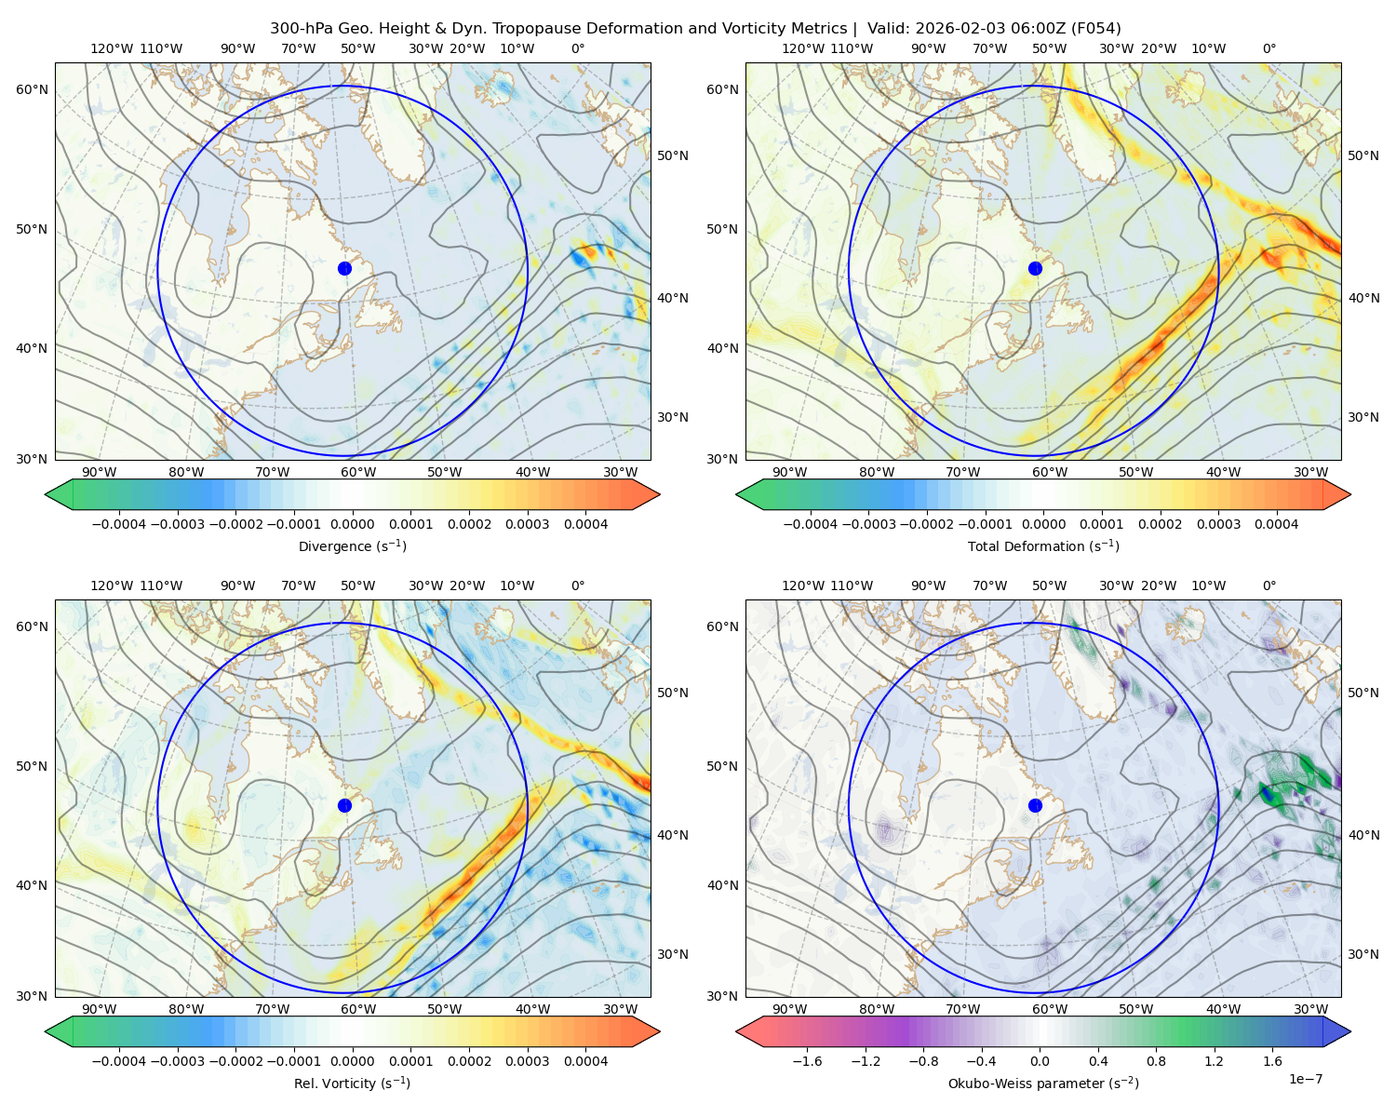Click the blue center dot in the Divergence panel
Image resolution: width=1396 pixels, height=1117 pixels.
pyautogui.click(x=344, y=268)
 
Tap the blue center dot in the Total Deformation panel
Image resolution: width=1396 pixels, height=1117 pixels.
pyautogui.click(x=1035, y=268)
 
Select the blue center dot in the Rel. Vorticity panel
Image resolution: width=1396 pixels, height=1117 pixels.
pyautogui.click(x=344, y=805)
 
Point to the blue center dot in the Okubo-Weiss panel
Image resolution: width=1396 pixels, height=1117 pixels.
pyautogui.click(x=1035, y=805)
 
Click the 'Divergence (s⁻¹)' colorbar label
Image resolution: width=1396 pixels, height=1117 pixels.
pyautogui.click(x=352, y=546)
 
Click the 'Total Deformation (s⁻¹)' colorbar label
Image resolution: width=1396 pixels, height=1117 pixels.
pyautogui.click(x=1043, y=546)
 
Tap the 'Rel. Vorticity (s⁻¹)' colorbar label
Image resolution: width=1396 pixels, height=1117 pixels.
pyautogui.click(x=352, y=1083)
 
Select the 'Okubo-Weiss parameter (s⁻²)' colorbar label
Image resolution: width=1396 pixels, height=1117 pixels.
pyautogui.click(x=1043, y=1083)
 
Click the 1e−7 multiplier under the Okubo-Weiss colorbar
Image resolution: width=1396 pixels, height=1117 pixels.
pyautogui.click(x=1305, y=1079)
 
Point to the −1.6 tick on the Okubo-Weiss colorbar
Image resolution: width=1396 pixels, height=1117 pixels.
pyautogui.click(x=807, y=1061)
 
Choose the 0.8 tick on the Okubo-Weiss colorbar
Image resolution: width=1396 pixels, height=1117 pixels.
pyautogui.click(x=1156, y=1061)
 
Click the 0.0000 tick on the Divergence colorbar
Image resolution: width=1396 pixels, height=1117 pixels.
pyautogui.click(x=352, y=524)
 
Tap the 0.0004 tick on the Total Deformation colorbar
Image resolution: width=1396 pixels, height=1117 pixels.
pyautogui.click(x=1277, y=524)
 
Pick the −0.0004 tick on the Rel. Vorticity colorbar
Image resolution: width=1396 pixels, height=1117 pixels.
pyautogui.click(x=119, y=1061)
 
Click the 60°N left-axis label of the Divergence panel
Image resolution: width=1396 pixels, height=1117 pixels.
pyautogui.click(x=32, y=89)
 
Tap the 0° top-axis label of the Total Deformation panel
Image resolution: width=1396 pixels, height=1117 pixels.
pyautogui.click(x=1268, y=48)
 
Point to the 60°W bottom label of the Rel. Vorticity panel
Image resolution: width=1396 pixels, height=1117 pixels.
pyautogui.click(x=358, y=1009)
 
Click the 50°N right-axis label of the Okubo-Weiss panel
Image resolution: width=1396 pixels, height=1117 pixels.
pyautogui.click(x=1363, y=693)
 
